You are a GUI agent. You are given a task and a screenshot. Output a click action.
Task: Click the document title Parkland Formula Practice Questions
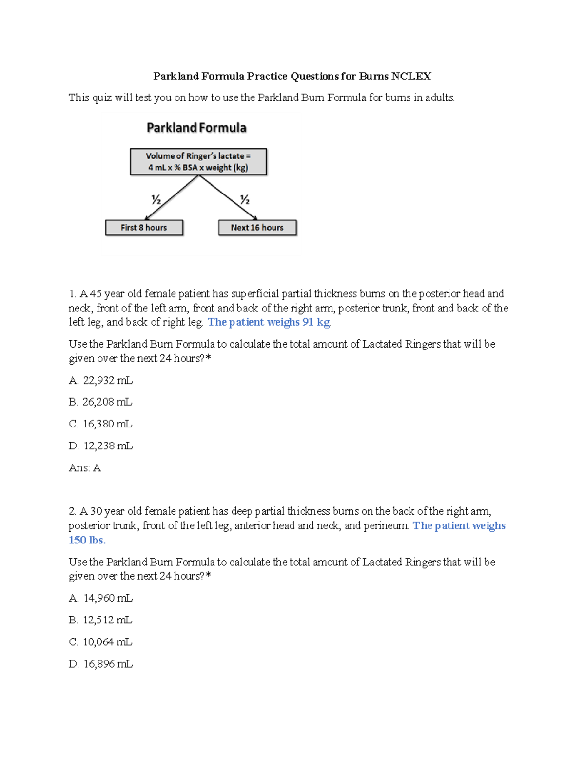point(292,76)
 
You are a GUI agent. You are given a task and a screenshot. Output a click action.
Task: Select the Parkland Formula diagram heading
point(196,128)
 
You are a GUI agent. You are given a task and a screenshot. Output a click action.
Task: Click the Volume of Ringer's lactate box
point(198,162)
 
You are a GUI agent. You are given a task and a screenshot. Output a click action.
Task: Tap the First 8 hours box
point(144,228)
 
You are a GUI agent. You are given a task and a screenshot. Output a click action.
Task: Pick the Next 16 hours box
point(257,228)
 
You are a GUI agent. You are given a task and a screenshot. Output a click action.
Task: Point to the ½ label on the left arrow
point(156,199)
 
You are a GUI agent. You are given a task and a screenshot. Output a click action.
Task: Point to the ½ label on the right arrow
point(245,199)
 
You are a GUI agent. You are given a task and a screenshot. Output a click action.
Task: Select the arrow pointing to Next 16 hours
point(228,198)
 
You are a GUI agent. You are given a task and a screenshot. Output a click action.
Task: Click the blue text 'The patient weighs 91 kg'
point(269,322)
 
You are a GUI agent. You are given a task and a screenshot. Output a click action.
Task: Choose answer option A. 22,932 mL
point(101,380)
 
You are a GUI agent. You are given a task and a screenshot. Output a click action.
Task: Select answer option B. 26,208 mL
point(101,402)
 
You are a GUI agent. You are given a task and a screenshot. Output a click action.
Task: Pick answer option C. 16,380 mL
point(101,424)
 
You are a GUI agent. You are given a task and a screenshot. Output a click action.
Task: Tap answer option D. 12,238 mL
point(101,446)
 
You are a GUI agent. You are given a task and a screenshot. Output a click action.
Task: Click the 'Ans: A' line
point(85,468)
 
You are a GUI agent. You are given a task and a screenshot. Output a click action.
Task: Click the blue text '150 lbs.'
point(87,540)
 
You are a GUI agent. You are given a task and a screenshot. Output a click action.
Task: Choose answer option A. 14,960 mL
point(101,598)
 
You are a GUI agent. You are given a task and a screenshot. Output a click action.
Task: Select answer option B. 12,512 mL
point(101,620)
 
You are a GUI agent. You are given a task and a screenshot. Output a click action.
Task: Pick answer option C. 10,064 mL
point(101,642)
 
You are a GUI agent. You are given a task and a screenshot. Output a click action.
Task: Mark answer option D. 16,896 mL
point(101,664)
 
